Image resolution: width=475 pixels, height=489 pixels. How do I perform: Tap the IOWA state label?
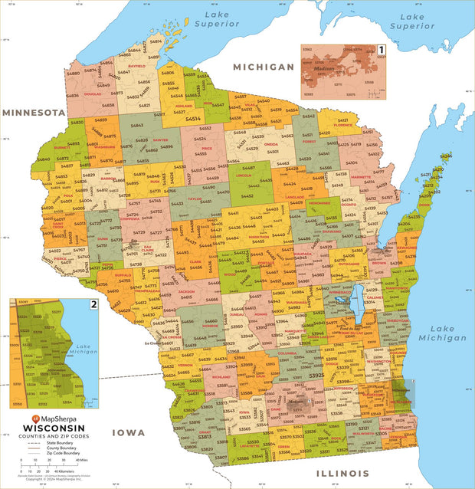coord(129,433)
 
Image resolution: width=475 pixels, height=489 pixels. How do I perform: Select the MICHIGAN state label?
coord(264,67)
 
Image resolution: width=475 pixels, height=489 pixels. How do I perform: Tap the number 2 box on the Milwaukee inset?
coord(93,304)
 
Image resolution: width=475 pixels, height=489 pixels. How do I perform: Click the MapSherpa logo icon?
coord(35,418)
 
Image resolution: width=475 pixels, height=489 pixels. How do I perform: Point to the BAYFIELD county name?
coord(136,67)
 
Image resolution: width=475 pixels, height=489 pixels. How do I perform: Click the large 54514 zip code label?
coord(192,119)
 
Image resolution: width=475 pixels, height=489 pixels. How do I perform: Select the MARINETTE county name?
coord(339,177)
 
